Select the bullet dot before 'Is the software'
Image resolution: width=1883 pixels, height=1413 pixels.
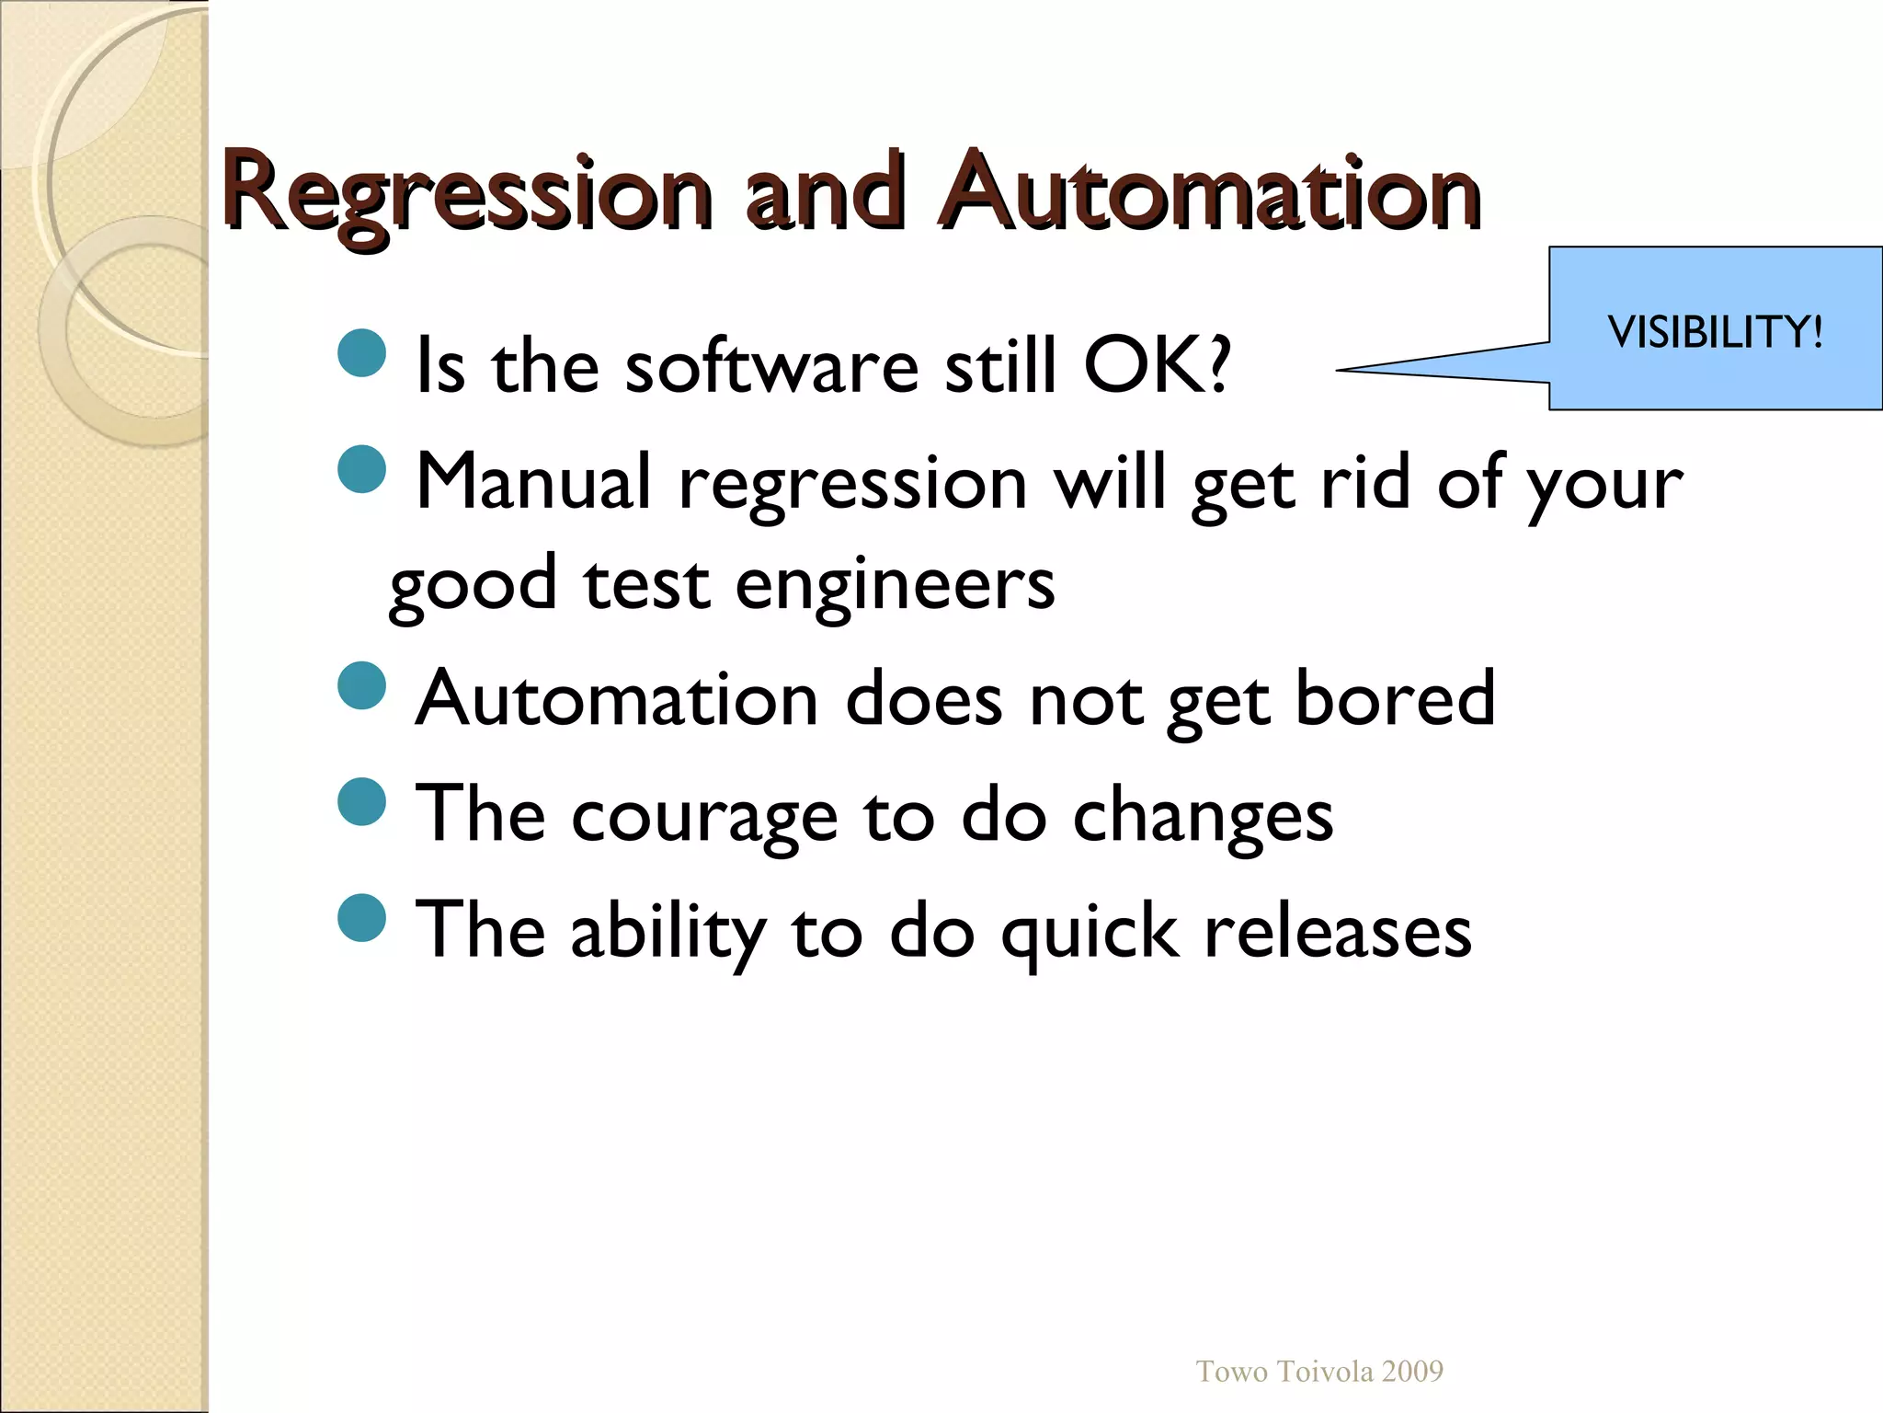coord(361,353)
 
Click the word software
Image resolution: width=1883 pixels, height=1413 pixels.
coord(771,366)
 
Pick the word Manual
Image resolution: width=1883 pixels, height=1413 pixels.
coord(533,482)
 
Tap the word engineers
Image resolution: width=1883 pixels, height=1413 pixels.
coord(895,585)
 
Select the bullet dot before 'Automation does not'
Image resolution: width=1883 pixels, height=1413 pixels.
coord(361,686)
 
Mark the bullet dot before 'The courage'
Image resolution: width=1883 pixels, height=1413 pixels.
coord(361,802)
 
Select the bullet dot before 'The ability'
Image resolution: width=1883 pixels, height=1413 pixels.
coord(361,918)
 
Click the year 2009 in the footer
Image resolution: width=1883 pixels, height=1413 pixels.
coord(1412,1372)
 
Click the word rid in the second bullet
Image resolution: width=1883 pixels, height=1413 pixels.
coord(1364,482)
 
